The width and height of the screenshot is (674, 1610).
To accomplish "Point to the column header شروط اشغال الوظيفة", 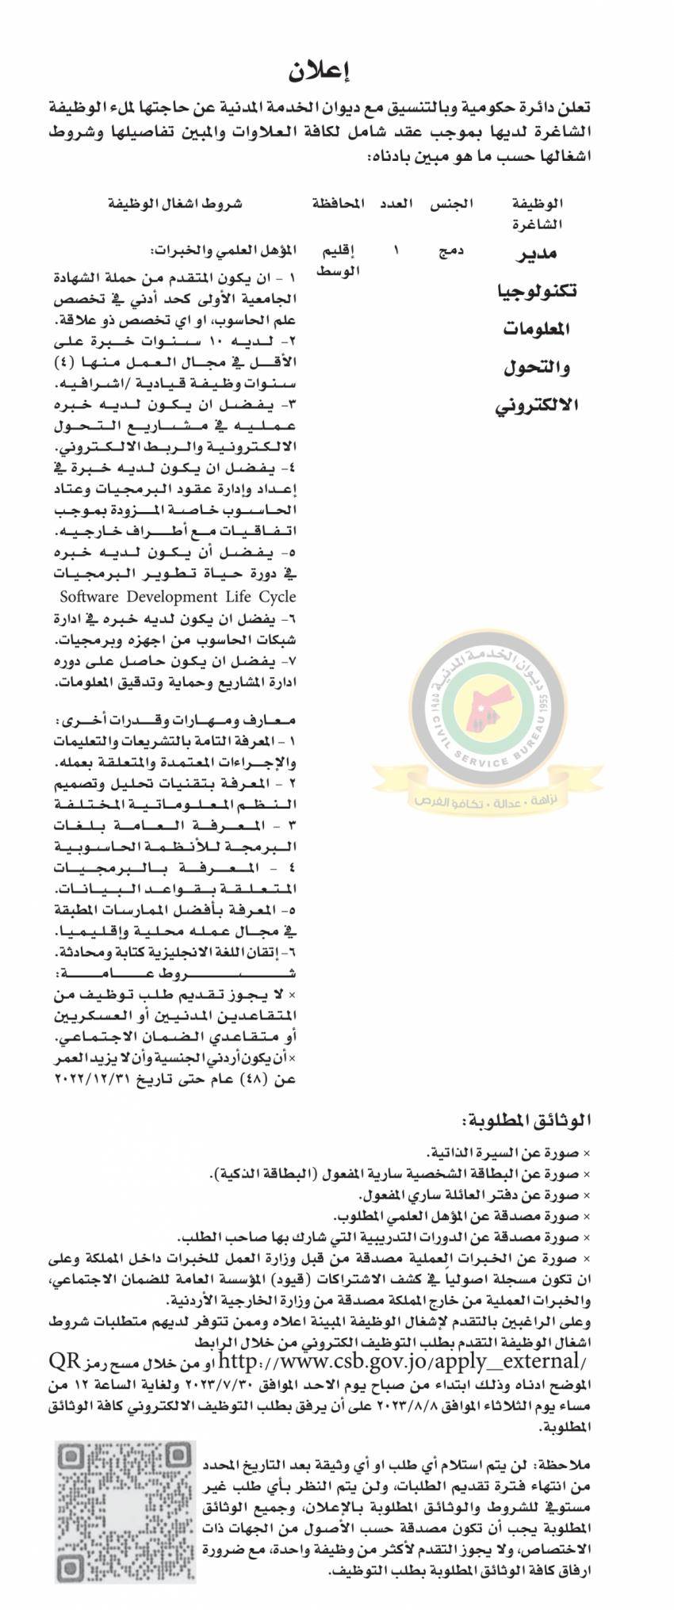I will (x=175, y=204).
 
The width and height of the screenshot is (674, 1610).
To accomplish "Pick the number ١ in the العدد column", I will (x=396, y=251).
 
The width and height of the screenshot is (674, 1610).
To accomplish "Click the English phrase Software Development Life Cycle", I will (x=178, y=596).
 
